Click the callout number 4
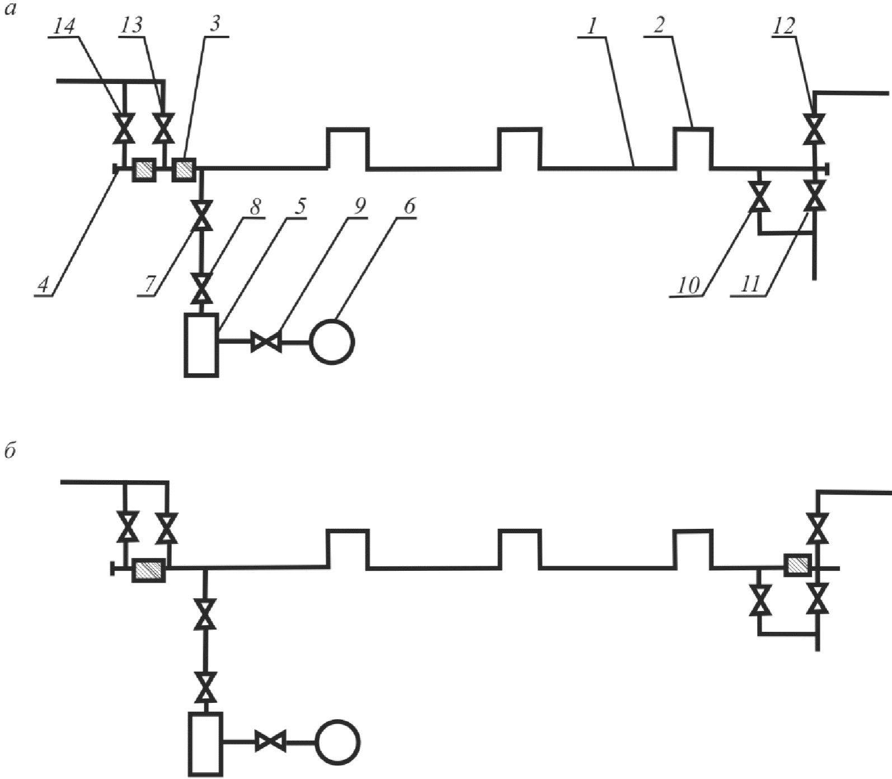click(43, 286)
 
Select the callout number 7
click(149, 285)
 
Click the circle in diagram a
click(332, 341)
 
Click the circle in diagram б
click(337, 743)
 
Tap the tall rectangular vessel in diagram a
click(202, 344)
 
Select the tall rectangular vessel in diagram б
click(206, 744)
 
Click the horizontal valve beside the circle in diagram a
click(266, 341)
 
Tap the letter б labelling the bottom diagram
click(10, 450)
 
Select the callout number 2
click(659, 25)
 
